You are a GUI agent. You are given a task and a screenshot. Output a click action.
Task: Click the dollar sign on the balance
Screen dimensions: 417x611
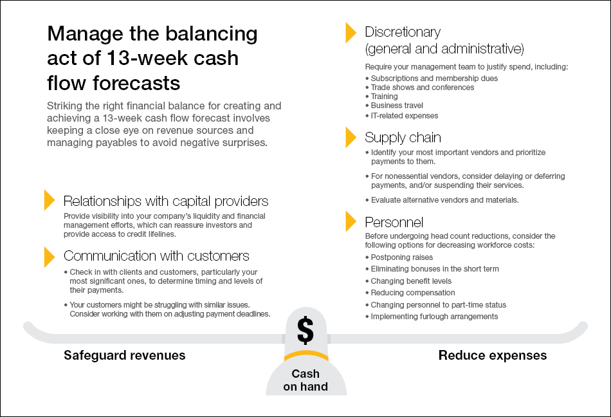(305, 330)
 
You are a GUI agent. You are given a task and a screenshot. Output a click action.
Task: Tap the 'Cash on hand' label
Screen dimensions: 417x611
(305, 380)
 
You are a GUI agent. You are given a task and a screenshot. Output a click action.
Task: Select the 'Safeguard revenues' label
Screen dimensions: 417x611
(124, 355)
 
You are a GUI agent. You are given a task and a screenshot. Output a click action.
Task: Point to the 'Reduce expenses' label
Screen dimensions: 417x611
(493, 355)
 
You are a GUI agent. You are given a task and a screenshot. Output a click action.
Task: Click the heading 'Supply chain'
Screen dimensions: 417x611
(403, 138)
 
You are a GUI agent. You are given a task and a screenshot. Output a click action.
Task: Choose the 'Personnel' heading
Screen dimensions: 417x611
(394, 223)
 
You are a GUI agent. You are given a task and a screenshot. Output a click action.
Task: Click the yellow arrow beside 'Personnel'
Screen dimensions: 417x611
(351, 221)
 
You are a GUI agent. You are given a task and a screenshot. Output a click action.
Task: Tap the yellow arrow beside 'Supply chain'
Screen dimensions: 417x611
(351, 137)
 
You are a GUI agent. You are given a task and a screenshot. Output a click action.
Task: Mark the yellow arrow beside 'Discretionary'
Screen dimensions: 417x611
(351, 33)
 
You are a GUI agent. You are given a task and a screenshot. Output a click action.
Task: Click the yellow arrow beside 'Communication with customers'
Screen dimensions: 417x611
(49, 256)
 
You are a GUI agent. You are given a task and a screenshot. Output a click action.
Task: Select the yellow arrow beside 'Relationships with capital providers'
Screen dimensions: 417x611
(49, 200)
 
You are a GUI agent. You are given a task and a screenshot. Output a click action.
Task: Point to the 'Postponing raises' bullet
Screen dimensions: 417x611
(401, 257)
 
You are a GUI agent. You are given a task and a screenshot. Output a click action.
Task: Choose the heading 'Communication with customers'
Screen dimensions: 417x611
(156, 256)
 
